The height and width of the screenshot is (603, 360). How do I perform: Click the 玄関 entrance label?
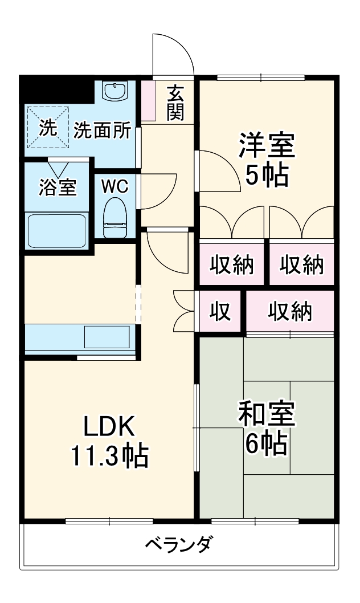175,103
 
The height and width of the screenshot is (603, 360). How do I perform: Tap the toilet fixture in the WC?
115,218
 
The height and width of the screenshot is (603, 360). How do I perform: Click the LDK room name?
109,426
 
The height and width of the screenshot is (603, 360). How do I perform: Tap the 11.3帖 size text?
109,456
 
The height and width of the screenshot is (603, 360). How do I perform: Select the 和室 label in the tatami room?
267,414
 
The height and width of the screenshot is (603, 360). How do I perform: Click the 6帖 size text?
267,444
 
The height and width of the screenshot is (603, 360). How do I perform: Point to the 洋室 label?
267,145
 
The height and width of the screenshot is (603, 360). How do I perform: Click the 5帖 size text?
267,176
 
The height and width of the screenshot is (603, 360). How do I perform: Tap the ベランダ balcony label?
178,544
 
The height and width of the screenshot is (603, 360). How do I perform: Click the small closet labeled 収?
220,311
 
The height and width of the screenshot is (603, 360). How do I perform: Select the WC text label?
115,187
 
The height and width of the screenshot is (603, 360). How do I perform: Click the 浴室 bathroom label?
58,188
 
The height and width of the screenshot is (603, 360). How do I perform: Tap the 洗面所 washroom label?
102,131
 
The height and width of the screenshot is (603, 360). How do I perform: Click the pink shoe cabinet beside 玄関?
148,101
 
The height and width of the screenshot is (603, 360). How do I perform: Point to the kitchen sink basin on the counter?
107,337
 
